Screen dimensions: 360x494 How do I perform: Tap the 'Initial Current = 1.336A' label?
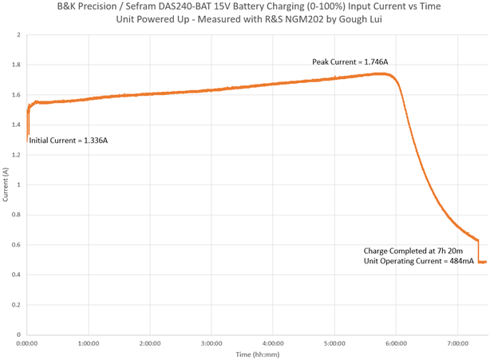pyautogui.click(x=68, y=140)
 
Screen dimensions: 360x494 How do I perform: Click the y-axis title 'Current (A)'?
pyautogui.click(x=6, y=184)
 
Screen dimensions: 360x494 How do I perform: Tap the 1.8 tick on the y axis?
pyautogui.click(x=18, y=65)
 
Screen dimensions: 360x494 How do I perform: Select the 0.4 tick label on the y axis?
pyautogui.click(x=18, y=275)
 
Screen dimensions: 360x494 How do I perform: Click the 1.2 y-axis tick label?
pyautogui.click(x=18, y=155)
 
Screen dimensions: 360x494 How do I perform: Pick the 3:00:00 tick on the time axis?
pyautogui.click(x=211, y=342)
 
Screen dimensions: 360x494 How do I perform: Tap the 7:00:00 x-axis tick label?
pyautogui.click(x=457, y=342)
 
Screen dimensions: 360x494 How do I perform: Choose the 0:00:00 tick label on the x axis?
pyautogui.click(x=27, y=342)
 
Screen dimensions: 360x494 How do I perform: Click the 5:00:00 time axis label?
pyautogui.click(x=334, y=342)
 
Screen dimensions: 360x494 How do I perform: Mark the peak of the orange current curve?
pyautogui.click(x=383, y=73)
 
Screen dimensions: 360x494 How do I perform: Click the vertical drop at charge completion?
pyautogui.click(x=478, y=250)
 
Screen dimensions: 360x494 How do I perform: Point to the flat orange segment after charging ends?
pyautogui.click(x=482, y=262)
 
